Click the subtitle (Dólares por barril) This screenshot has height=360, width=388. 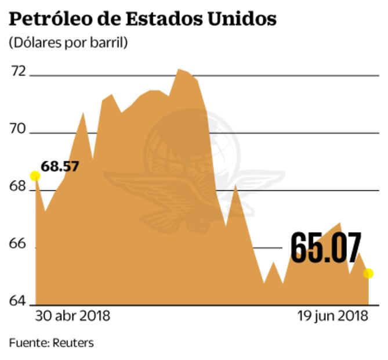point(68,42)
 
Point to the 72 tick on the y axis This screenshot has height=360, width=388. point(19,71)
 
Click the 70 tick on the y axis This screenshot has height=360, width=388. point(19,129)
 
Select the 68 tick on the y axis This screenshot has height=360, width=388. point(19,187)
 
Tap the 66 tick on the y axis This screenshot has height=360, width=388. point(19,244)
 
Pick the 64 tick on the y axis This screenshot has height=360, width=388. point(19,300)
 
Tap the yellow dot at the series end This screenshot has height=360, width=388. point(368,273)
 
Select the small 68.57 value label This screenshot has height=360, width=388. point(60,167)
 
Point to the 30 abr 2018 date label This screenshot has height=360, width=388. point(72,317)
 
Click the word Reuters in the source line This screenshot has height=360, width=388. point(72,343)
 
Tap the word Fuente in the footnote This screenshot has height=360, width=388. point(27,343)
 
